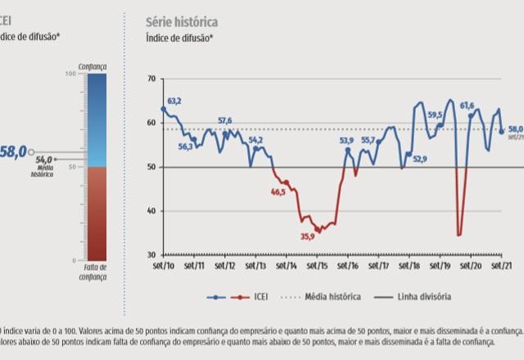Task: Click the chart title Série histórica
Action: click(182, 21)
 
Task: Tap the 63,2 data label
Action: click(174, 101)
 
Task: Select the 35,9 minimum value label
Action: click(307, 236)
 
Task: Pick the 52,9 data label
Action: click(420, 159)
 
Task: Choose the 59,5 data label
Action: click(435, 115)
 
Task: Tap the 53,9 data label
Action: click(346, 141)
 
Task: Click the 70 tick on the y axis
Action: click(151, 79)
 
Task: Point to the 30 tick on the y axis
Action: click(151, 254)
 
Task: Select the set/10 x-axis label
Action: click(164, 266)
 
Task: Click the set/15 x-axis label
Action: click(318, 266)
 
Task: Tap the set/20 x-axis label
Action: click(472, 266)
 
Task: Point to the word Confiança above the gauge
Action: click(93, 65)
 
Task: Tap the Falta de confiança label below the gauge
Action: click(95, 272)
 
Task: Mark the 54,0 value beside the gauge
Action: click(44, 160)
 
